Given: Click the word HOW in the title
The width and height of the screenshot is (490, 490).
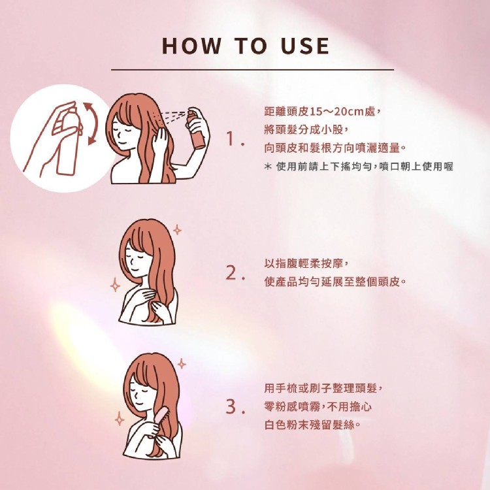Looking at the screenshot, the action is pos(191,46).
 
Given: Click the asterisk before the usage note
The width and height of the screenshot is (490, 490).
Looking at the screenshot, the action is pos(268,167).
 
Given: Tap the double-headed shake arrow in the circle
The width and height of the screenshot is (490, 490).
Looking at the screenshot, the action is pos(90,123).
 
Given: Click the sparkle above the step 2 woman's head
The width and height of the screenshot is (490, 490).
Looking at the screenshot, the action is pos(177,230).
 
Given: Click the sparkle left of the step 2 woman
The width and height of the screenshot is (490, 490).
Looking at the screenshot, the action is pos(115,285).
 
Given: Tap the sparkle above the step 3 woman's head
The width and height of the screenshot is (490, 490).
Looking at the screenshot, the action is pos(182,364).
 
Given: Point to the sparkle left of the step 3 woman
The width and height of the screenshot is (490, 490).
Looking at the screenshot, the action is pos(120,419).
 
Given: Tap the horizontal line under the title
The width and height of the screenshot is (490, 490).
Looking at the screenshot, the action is pos(252,70).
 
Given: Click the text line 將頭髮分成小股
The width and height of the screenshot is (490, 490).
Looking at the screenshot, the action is pos(306,130).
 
